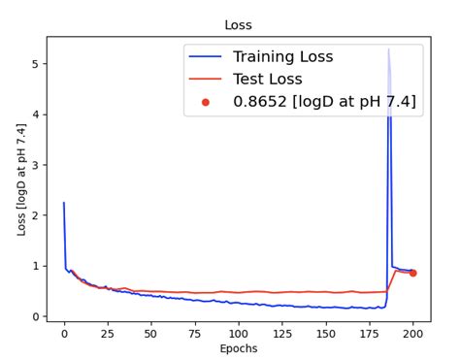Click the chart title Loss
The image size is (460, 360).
(x=238, y=25)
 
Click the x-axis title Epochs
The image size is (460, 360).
(x=238, y=347)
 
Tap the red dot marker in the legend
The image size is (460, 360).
(x=205, y=101)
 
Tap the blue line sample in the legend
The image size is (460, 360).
(x=205, y=57)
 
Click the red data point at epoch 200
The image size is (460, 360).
(x=412, y=273)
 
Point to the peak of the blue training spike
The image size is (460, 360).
(x=389, y=49)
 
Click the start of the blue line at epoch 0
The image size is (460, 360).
(x=64, y=203)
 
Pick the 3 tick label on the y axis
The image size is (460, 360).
(x=36, y=165)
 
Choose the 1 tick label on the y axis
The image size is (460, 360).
(x=36, y=266)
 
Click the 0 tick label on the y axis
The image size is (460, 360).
(x=36, y=316)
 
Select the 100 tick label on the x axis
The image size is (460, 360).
(x=239, y=333)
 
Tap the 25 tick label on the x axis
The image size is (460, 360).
(x=108, y=333)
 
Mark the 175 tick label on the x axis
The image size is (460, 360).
(x=370, y=333)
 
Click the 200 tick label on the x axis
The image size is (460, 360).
(x=412, y=333)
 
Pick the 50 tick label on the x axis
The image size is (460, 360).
(x=151, y=333)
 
